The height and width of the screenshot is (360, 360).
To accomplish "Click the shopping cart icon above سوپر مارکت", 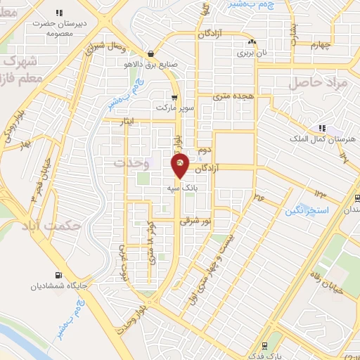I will tap(174, 98).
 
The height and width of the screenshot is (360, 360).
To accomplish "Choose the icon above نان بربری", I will tap(252, 42).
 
